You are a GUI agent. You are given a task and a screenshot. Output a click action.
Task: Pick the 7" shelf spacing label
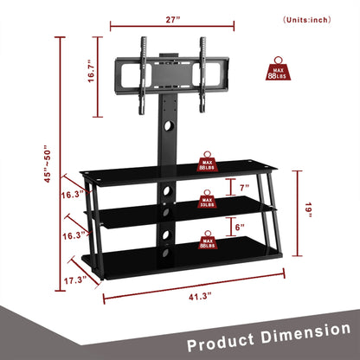pyautogui.click(x=245, y=187)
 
